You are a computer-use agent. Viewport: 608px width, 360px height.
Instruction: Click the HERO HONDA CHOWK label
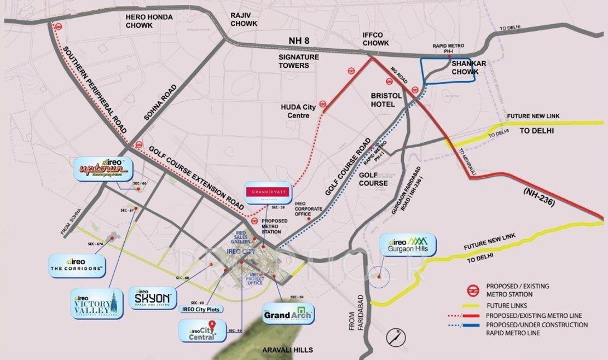[149, 21]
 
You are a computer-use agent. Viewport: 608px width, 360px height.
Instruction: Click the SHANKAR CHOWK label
[466, 67]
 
